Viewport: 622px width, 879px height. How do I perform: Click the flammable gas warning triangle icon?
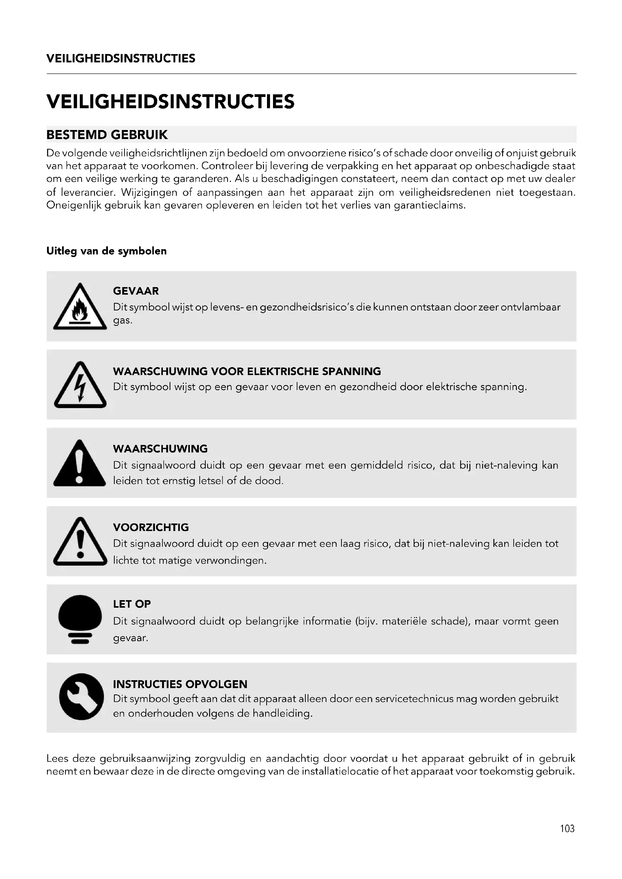point(80,307)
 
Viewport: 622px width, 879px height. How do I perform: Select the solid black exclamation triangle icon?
point(80,464)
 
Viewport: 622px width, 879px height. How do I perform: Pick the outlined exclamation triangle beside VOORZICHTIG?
point(80,542)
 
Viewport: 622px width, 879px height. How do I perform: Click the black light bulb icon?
point(80,619)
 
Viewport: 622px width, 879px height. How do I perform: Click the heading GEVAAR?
point(136,291)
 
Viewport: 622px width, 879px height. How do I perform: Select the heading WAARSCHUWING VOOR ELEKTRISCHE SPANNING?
point(247,371)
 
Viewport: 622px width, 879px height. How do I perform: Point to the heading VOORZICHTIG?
point(150,527)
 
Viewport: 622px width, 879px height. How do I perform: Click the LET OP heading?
point(132,604)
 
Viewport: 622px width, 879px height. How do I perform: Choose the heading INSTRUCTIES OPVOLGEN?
point(180,684)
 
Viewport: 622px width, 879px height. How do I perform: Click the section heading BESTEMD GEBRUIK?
point(107,135)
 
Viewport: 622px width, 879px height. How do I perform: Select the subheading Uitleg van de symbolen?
point(106,251)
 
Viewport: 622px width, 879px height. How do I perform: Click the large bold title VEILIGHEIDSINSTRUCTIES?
point(170,101)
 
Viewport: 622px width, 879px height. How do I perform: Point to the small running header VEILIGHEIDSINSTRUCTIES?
point(121,59)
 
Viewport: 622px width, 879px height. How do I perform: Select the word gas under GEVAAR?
point(122,321)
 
